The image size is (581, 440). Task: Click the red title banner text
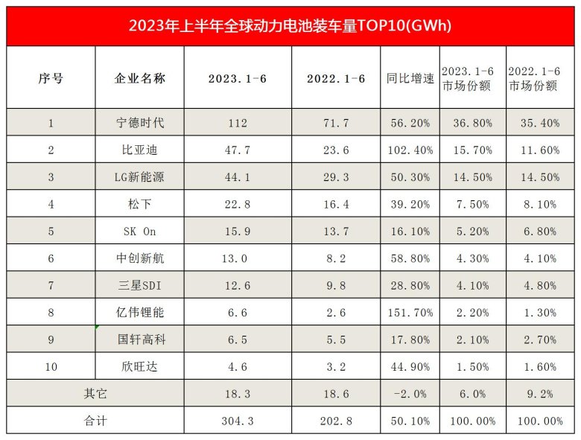[x=290, y=25]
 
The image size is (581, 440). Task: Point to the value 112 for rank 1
[x=238, y=123]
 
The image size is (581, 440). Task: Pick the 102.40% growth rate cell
[x=410, y=150]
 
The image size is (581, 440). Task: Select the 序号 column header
[x=51, y=78]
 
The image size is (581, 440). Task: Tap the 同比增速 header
[x=410, y=78]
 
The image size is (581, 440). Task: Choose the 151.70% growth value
[x=410, y=313]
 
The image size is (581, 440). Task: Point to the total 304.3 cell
[x=238, y=421]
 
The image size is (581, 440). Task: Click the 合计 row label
[x=95, y=421]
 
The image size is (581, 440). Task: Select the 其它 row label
[x=95, y=394]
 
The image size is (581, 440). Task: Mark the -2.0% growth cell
[x=410, y=394]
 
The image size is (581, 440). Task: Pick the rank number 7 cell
[x=51, y=286]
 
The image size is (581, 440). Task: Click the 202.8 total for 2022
[x=336, y=421]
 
